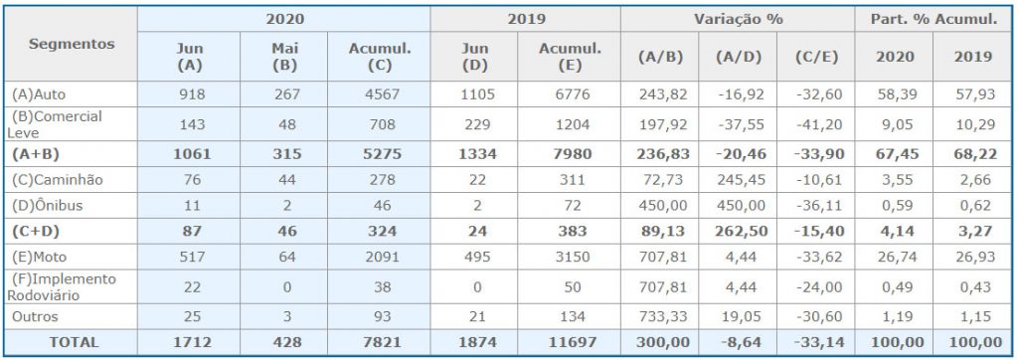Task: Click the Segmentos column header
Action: (x=72, y=44)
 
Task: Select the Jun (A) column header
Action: (x=190, y=58)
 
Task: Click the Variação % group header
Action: (x=739, y=20)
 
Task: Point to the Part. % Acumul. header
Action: (x=935, y=20)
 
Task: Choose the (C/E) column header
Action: (x=815, y=57)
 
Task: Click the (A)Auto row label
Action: (x=39, y=94)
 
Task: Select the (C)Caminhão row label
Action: (x=57, y=180)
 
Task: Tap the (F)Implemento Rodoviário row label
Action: (x=62, y=287)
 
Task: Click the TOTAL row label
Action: (x=73, y=342)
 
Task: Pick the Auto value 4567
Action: (x=383, y=94)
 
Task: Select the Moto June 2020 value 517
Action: (x=192, y=258)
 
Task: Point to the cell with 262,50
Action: (x=742, y=232)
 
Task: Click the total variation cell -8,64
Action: (x=741, y=342)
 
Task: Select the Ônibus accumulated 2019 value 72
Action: (x=572, y=206)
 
